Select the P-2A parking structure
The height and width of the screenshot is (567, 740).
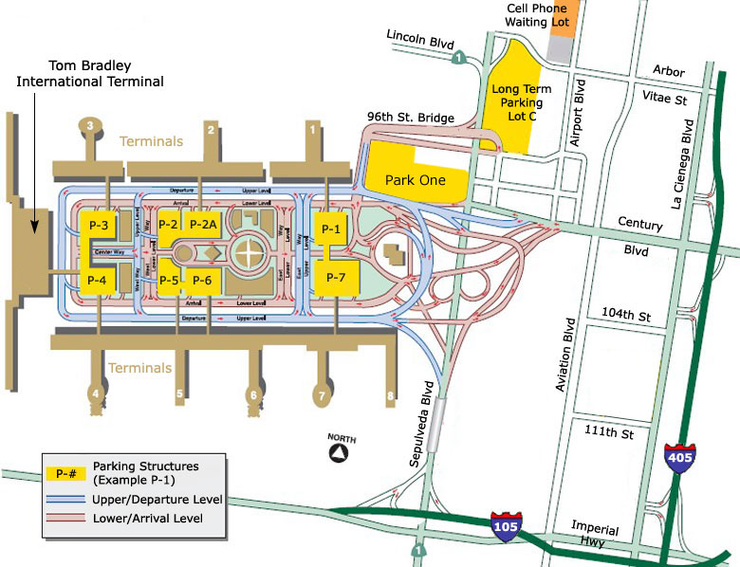point(203,225)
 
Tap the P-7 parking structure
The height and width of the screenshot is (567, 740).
point(337,277)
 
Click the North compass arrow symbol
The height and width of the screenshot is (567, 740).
point(338,452)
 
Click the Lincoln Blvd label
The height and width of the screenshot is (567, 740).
point(421,39)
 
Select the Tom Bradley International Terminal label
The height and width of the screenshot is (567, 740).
point(90,75)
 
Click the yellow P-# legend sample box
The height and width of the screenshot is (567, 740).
point(66,471)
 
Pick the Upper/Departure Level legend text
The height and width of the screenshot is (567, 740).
point(157,500)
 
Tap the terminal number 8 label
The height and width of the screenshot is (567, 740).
point(389,396)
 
